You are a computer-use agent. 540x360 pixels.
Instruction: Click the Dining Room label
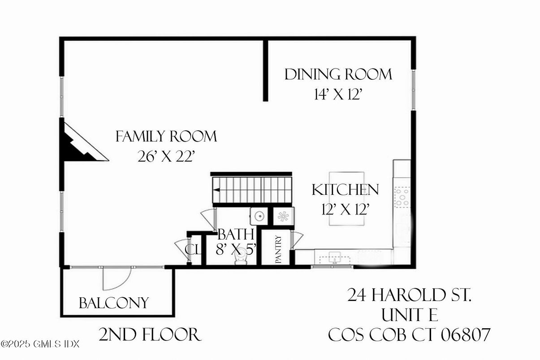click(338, 74)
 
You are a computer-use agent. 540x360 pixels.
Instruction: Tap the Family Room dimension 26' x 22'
click(167, 157)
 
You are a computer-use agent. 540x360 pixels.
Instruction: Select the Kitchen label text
click(345, 190)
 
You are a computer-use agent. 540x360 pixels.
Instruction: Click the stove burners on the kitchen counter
click(402, 197)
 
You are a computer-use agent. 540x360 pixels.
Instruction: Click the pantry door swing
click(297, 240)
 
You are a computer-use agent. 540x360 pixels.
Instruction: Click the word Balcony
click(113, 303)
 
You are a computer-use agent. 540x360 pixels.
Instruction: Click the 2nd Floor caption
click(149, 334)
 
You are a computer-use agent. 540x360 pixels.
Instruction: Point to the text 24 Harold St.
click(410, 296)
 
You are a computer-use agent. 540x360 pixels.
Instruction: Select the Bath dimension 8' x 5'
click(236, 249)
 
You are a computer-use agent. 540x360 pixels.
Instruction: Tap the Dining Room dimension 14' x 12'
click(338, 95)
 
